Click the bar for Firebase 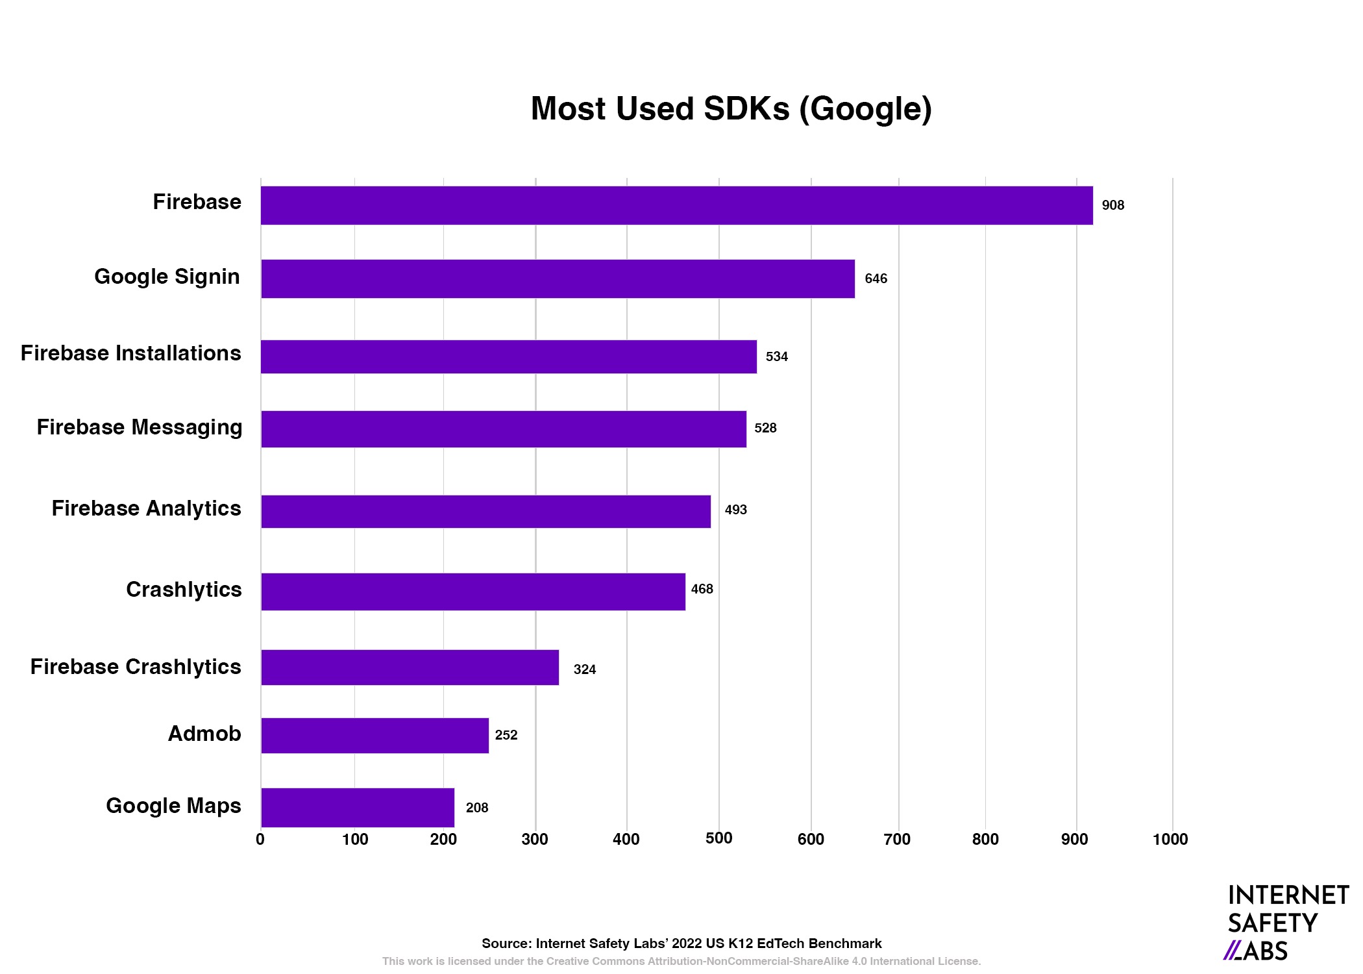676,205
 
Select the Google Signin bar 558,279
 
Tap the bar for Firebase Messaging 504,429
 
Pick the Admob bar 375,735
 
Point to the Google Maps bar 358,807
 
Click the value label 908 1112,205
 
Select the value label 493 735,510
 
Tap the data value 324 584,669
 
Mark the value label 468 702,589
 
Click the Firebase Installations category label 131,353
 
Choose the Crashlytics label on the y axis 184,590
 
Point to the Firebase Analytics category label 147,508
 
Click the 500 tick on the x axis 718,838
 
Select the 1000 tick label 1170,840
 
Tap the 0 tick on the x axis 260,840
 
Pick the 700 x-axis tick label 897,840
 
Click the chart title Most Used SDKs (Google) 731,108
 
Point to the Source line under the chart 681,943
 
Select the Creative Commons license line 681,961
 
